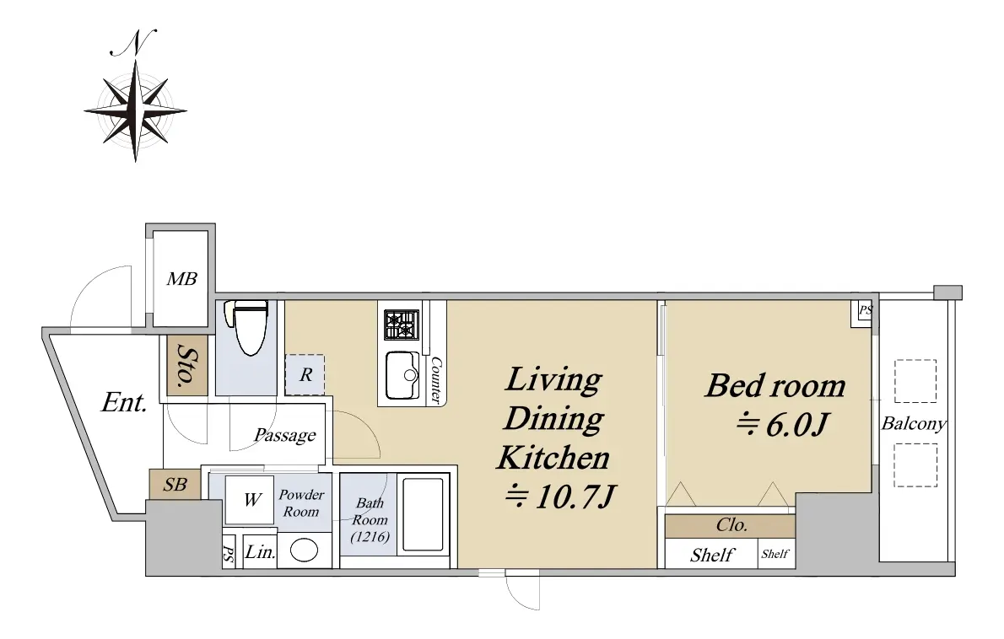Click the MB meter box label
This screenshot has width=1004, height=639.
182,279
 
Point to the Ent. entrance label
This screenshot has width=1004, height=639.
124,402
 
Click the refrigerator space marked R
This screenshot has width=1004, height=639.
305,375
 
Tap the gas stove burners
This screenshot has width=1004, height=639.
402,325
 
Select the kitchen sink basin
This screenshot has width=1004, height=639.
402,375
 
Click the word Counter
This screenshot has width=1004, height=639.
436,380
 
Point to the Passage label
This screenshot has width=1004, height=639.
285,436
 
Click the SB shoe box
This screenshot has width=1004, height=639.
175,485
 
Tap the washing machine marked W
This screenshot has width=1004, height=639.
249,500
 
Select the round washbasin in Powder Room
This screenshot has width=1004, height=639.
304,550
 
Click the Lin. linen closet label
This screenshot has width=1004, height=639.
260,551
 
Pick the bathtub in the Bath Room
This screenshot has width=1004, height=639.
421,515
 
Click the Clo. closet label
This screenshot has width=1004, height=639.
731,525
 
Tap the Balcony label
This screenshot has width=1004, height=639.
914,423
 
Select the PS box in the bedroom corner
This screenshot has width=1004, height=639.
865,310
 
